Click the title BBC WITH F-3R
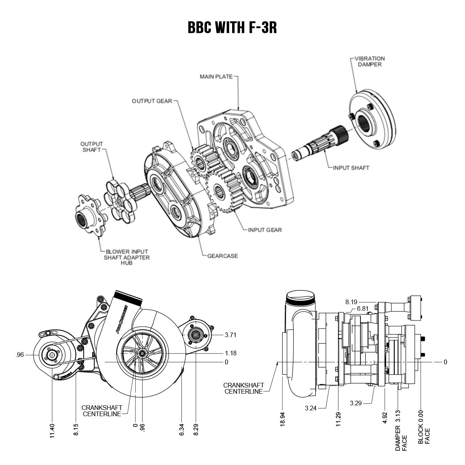[x=232, y=27]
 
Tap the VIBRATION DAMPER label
[x=369, y=62]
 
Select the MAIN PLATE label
[x=216, y=77]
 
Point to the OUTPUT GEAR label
[x=152, y=101]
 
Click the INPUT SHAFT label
[x=351, y=168]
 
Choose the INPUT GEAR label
[x=265, y=230]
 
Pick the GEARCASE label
[x=222, y=256]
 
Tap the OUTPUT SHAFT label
[x=92, y=147]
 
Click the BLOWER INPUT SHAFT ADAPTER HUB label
[x=126, y=257]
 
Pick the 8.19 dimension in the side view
[x=351, y=301]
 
